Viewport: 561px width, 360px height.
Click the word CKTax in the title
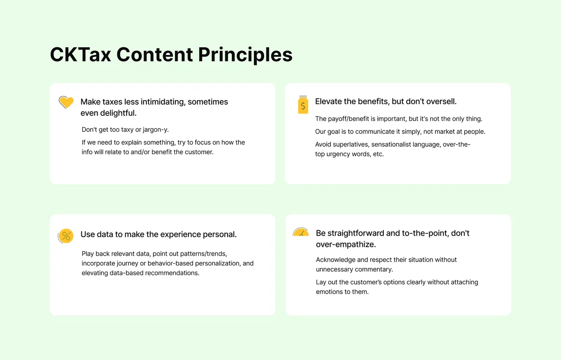click(x=80, y=55)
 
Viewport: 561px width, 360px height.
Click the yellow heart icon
click(x=66, y=102)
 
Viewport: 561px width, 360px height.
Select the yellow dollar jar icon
click(x=303, y=105)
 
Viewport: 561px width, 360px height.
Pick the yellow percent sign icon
click(x=66, y=236)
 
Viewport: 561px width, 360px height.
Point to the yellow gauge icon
click(x=301, y=232)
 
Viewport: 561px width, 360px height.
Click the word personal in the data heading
click(x=219, y=234)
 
